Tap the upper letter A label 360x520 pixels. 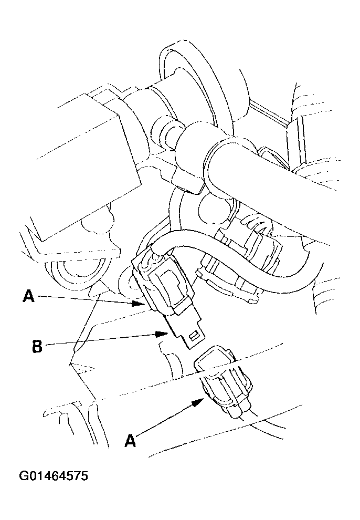coord(28,297)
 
